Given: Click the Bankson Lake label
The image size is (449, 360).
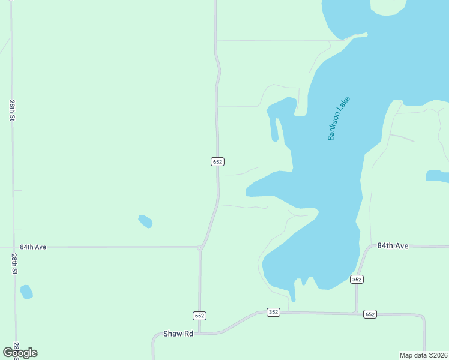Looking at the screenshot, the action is [339, 119].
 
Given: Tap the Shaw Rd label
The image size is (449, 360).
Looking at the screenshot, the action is [178, 334].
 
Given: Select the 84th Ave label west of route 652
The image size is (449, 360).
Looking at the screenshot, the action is [33, 247].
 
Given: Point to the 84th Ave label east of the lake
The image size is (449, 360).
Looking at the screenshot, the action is [393, 246].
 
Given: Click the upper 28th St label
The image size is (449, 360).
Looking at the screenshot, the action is [12, 110].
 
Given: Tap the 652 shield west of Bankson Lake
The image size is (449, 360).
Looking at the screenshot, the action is [218, 161].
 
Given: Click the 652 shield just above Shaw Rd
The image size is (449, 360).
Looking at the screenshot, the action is [200, 316].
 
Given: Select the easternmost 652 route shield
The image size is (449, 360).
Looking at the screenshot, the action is [370, 314].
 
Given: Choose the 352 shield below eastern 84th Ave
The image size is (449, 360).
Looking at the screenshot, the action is [357, 279].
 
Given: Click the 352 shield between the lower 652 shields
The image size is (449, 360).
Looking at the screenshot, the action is [274, 312].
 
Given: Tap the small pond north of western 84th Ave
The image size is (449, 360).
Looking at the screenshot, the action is [145, 221].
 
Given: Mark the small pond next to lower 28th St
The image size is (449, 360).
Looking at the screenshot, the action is [26, 292].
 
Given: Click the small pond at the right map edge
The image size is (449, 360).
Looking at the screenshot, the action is [437, 176].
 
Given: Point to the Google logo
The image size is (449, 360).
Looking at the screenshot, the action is [20, 353].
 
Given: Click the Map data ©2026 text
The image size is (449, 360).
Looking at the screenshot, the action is [423, 355].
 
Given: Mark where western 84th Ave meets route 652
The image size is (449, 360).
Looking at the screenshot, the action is [200, 247].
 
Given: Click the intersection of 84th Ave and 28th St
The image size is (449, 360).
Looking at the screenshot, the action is [14, 247].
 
